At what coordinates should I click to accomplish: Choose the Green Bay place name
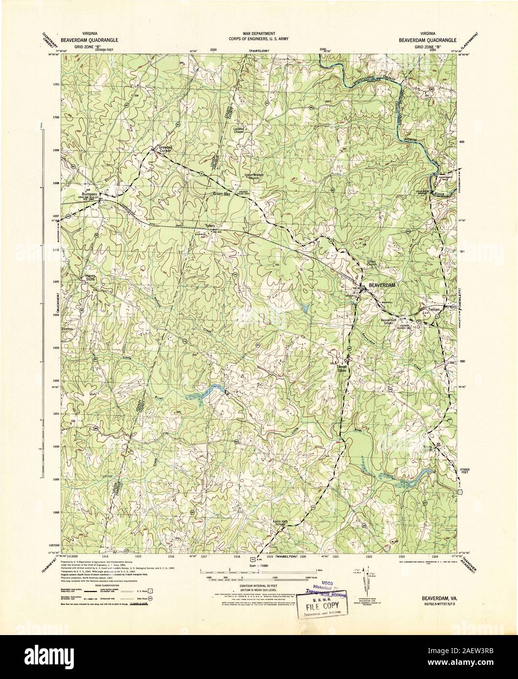(x=220, y=194)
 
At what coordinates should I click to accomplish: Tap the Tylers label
(x=210, y=226)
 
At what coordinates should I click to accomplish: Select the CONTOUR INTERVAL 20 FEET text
(x=259, y=585)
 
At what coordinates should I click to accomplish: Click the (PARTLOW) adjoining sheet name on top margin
(x=258, y=51)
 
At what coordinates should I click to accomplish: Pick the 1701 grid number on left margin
(x=56, y=85)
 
